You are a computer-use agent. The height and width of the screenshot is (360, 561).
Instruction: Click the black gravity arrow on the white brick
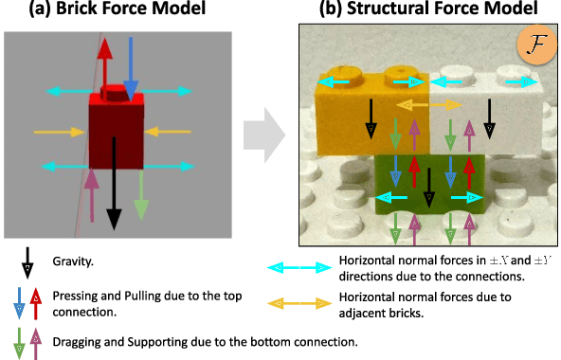pyautogui.click(x=488, y=119)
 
